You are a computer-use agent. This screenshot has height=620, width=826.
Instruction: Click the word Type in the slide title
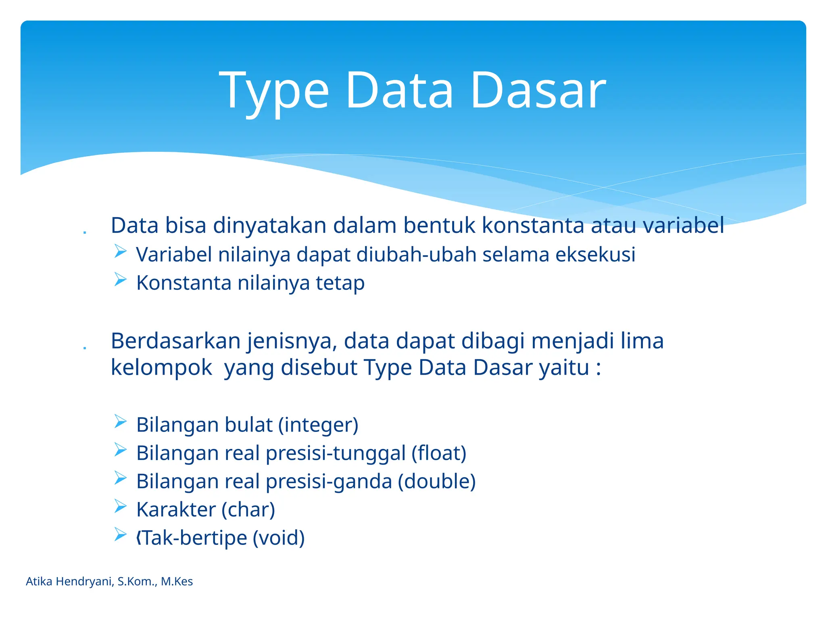pyautogui.click(x=274, y=91)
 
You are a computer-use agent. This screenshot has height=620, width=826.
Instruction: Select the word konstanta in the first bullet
pyautogui.click(x=533, y=226)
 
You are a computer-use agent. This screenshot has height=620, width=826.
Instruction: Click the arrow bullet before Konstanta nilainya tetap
pyautogui.click(x=120, y=279)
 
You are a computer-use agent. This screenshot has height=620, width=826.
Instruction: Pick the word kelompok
pyautogui.click(x=161, y=368)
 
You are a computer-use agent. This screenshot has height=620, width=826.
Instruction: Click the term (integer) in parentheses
pyautogui.click(x=318, y=425)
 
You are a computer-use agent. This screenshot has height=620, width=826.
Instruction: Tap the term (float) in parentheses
pyautogui.click(x=439, y=454)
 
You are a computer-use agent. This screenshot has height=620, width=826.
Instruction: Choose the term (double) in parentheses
pyautogui.click(x=437, y=482)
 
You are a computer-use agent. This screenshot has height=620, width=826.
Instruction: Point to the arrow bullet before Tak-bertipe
pyautogui.click(x=120, y=534)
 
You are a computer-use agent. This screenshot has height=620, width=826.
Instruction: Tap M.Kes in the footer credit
pyautogui.click(x=177, y=582)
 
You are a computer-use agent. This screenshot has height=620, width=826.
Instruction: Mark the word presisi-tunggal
pyautogui.click(x=336, y=454)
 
